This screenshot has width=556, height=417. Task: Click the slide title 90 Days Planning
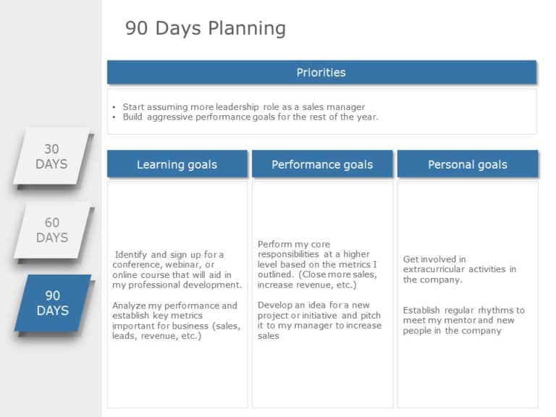click(x=206, y=28)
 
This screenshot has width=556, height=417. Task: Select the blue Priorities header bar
click(x=321, y=72)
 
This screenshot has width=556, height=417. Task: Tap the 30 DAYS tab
click(x=52, y=156)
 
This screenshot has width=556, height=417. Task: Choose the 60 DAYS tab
click(x=52, y=230)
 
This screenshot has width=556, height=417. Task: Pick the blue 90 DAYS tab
click(x=52, y=303)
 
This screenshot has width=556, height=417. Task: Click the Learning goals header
click(x=177, y=164)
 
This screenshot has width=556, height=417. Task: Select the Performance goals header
click(x=322, y=164)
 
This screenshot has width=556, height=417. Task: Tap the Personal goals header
click(x=467, y=164)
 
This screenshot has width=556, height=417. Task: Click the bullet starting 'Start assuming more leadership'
click(x=243, y=106)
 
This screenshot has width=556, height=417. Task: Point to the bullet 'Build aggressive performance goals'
click(x=250, y=117)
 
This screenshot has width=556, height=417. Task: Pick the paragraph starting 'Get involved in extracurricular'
click(x=459, y=269)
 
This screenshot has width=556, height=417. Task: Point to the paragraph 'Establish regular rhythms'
click(x=463, y=320)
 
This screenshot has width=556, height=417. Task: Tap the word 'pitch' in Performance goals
click(x=370, y=315)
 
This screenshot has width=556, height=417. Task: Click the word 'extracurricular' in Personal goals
click(x=437, y=269)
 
